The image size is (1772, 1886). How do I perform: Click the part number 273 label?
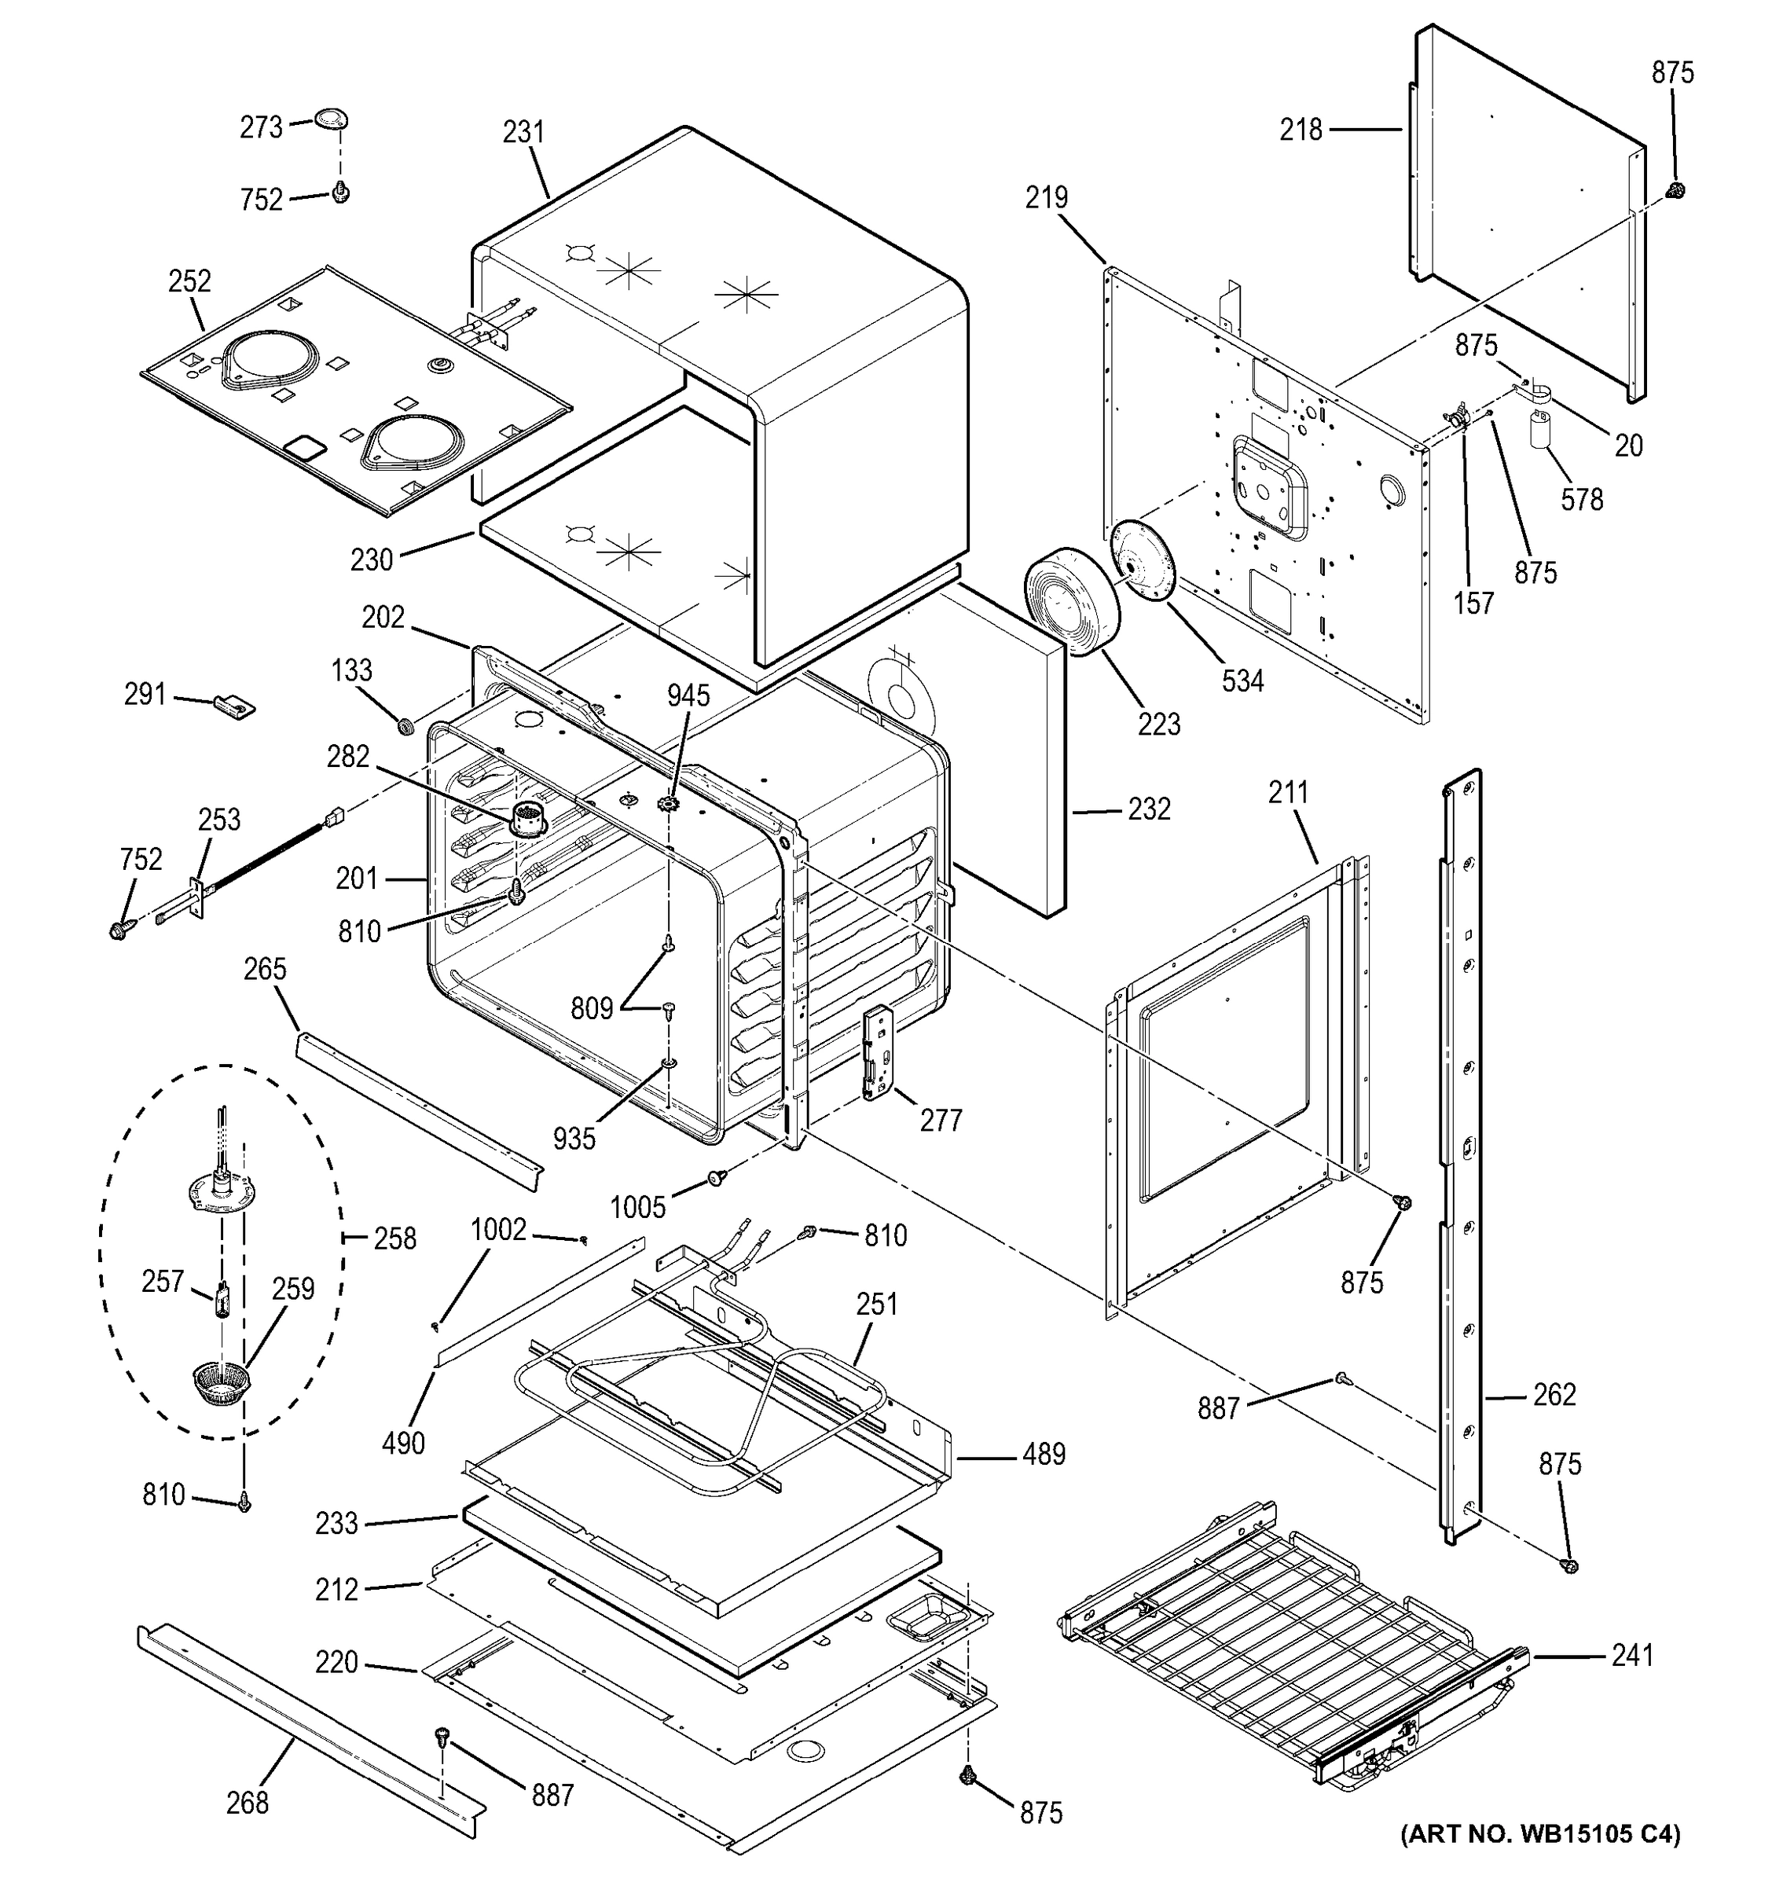261,127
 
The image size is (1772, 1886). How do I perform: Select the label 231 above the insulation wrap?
523,132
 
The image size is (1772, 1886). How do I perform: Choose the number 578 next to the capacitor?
1581,499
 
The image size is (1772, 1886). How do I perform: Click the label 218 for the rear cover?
1301,129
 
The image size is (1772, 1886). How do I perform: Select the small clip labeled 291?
234,705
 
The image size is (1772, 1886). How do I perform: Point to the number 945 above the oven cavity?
688,695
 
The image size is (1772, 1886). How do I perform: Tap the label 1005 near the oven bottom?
637,1207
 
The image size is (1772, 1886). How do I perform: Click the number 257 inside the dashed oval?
162,1281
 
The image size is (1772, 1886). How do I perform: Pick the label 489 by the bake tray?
1044,1455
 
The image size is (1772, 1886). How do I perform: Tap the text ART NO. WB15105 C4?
1539,1859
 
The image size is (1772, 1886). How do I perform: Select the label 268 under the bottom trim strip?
247,1802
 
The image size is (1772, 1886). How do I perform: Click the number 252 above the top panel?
189,281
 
